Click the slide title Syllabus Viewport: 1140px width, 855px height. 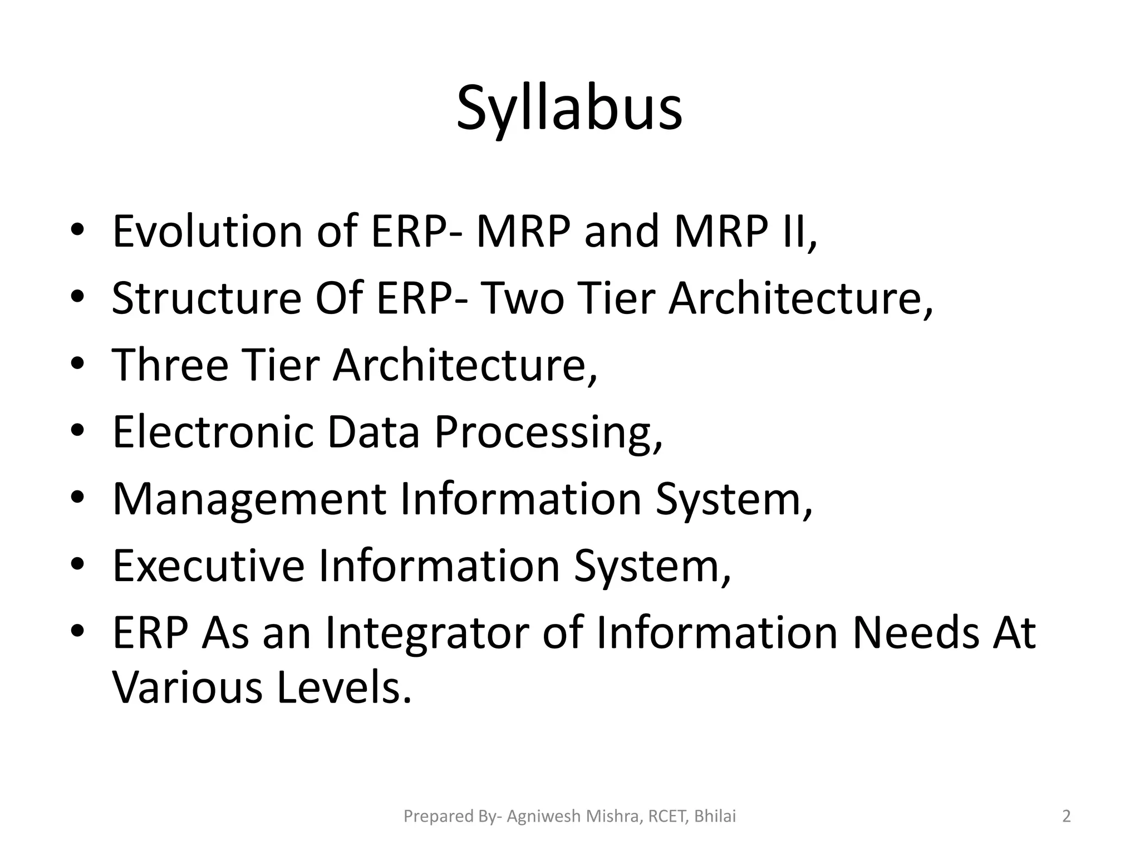569,109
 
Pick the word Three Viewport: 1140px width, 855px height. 170,365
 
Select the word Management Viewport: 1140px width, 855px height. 249,499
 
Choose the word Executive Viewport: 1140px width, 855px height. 208,566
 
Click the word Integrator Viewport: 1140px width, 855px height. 426,633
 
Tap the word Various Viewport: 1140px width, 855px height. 187,688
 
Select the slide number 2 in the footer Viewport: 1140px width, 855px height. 1066,817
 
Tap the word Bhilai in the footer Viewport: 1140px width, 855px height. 715,817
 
